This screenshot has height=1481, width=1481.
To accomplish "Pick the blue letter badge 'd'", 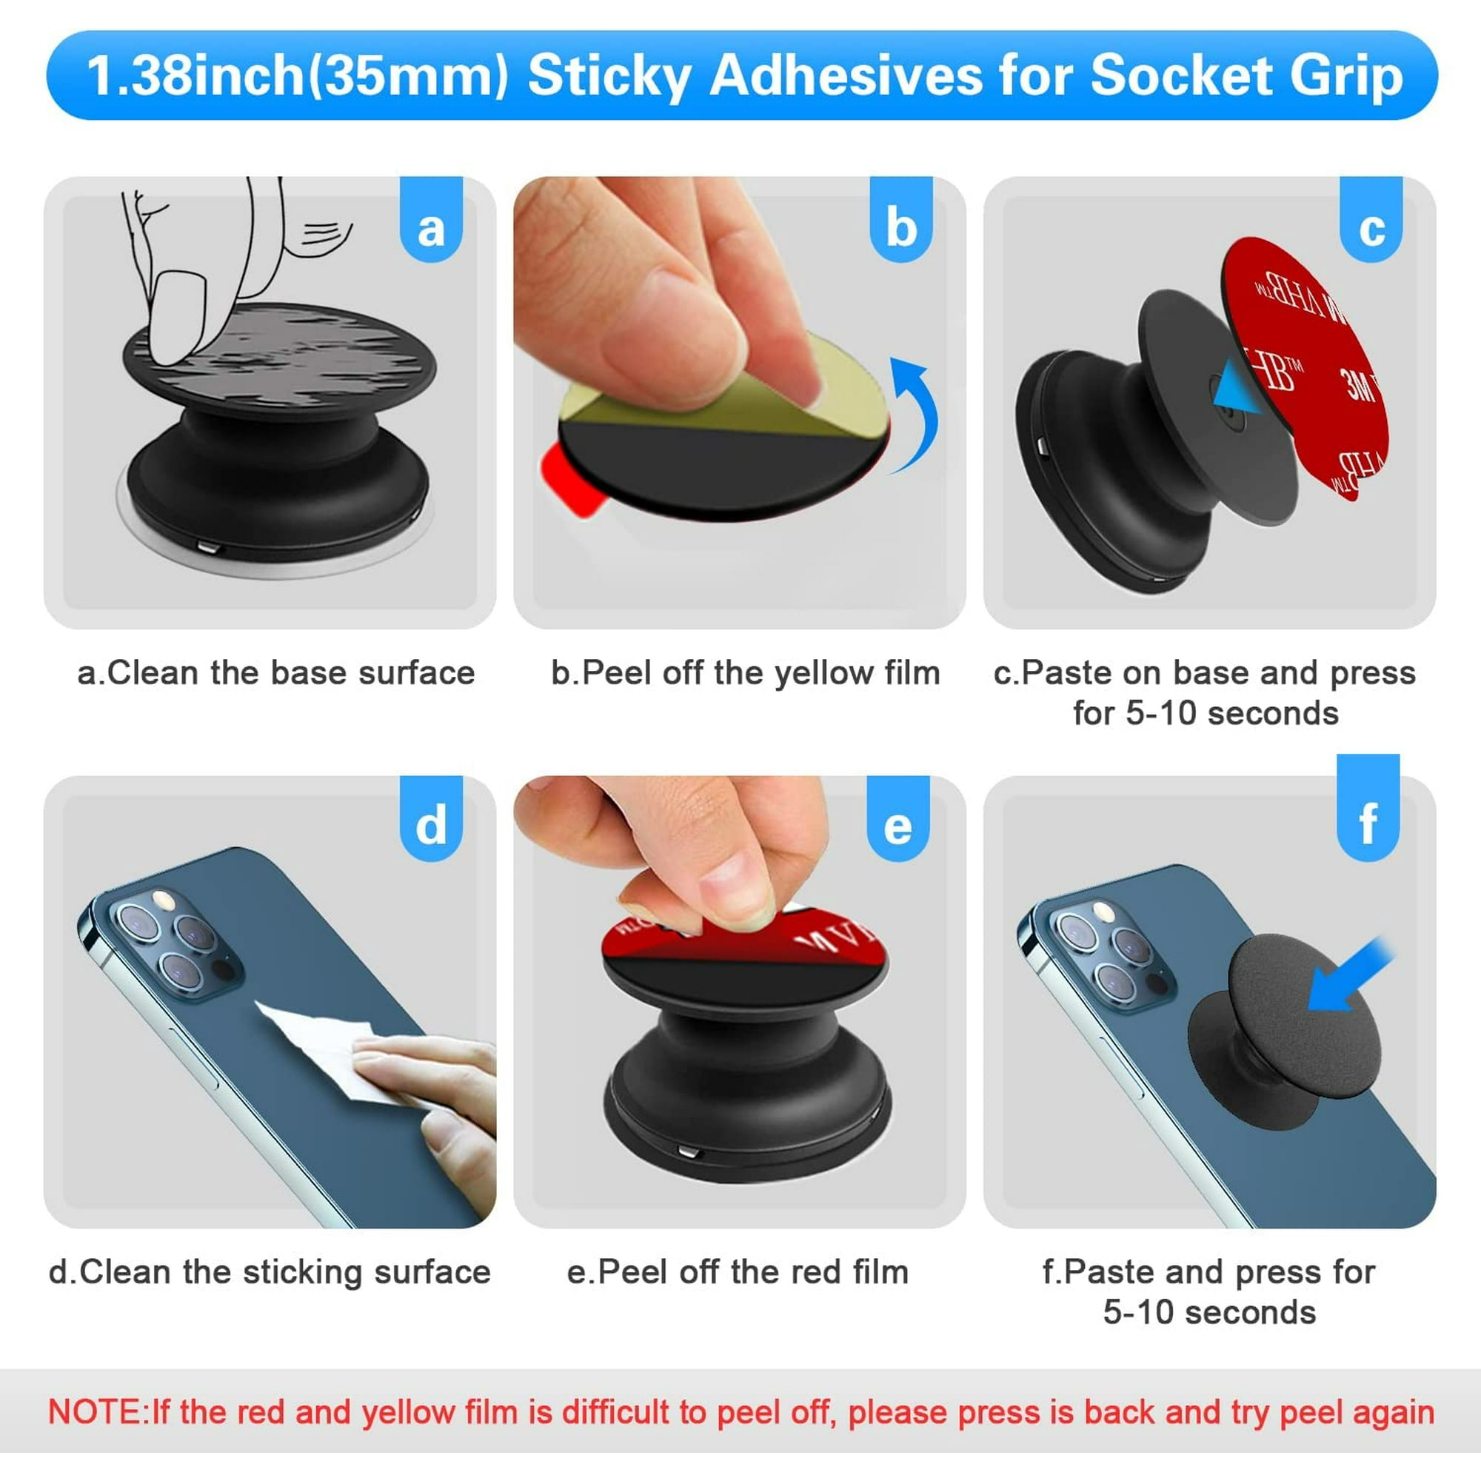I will click(431, 825).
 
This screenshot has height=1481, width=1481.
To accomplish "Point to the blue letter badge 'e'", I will click(897, 826).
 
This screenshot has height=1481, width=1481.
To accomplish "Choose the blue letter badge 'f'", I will click(1368, 822).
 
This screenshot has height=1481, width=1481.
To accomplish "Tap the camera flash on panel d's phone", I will click(160, 898).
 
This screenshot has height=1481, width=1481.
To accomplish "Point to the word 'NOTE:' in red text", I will click(96, 1412).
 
